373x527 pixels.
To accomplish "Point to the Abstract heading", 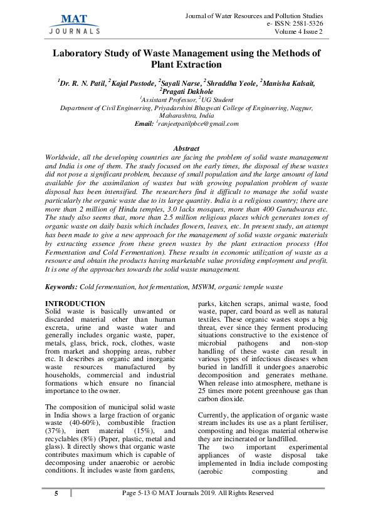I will (186, 148).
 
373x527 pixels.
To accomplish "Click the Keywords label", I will (61, 286).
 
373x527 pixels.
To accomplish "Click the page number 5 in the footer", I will (56, 493).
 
